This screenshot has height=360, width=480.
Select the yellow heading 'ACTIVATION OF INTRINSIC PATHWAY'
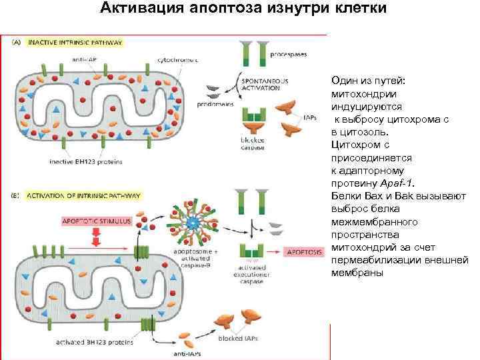83,197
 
